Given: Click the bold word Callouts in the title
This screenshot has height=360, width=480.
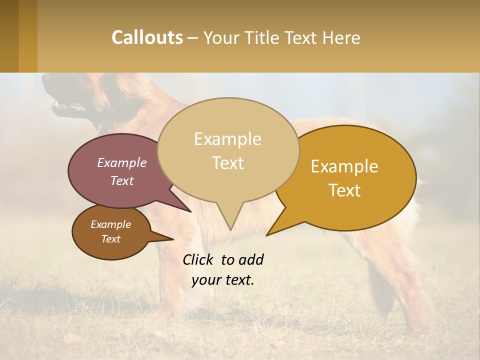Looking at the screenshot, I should pos(147,37).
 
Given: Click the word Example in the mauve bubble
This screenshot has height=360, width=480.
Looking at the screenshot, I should pos(122,162).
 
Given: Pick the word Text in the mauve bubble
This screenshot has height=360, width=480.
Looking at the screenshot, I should pos(122,180).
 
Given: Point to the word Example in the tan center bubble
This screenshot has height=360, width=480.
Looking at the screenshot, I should pos(227,139).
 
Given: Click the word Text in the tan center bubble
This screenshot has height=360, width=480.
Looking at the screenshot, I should pos(228,163).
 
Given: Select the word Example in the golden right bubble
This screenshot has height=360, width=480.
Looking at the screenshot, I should pos(344,166).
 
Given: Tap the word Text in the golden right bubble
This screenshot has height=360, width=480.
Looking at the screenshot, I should pos(345,190).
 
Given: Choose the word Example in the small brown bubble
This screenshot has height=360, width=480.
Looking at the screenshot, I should pos(110,224).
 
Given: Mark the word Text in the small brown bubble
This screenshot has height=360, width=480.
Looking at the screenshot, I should pos(110,239).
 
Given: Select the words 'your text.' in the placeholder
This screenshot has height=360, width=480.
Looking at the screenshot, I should pos(223,280).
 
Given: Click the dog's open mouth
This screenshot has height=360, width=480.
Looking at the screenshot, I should pos(67,106).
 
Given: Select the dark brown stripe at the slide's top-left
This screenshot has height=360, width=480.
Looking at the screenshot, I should pos(9,36).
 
